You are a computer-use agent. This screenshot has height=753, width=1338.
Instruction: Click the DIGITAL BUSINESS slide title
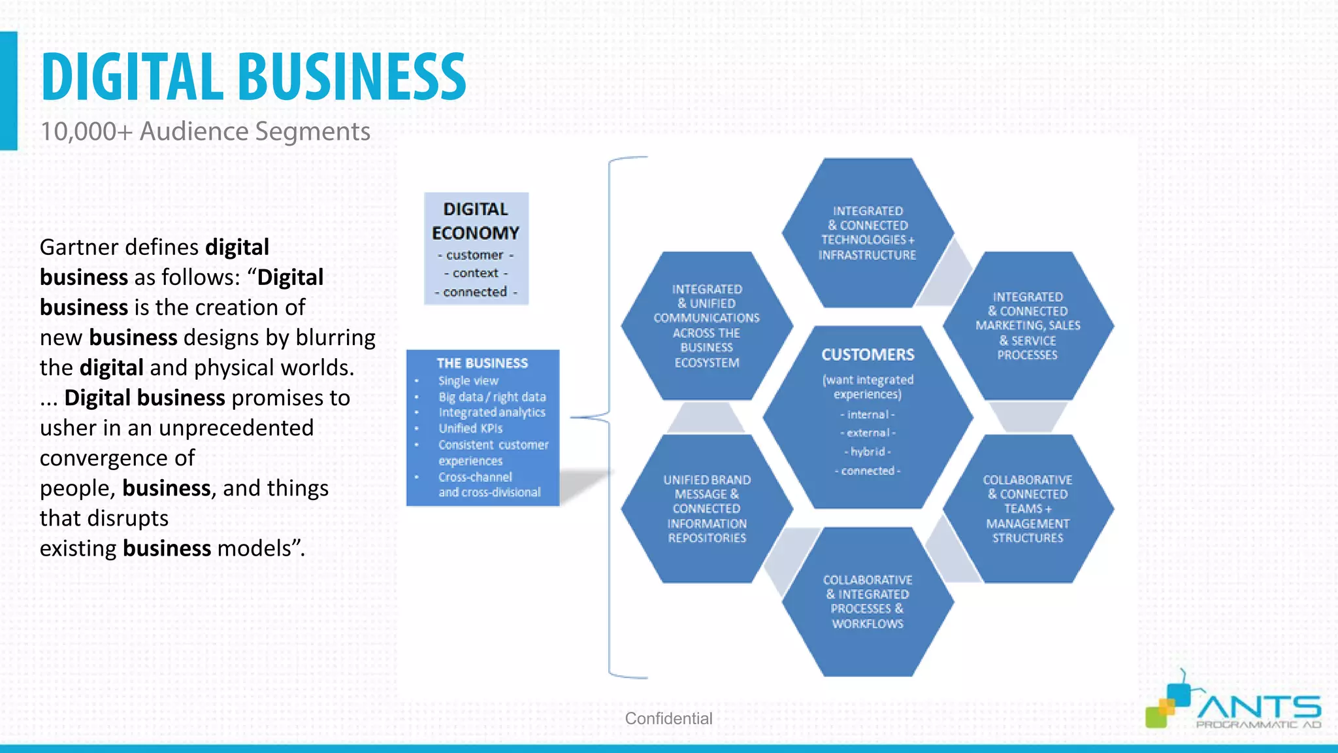(253, 77)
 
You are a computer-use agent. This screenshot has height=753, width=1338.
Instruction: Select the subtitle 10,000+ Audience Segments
(205, 131)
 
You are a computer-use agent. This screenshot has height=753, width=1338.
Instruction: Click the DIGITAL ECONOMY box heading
(476, 221)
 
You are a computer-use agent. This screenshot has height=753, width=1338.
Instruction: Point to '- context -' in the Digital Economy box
(476, 273)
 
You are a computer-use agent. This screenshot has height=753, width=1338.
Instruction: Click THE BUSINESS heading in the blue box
(482, 363)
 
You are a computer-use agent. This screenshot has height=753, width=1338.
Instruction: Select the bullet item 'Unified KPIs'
(470, 429)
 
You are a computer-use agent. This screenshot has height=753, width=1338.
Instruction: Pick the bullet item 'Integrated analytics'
(491, 412)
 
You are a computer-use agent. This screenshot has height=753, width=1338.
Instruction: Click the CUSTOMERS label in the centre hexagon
(868, 355)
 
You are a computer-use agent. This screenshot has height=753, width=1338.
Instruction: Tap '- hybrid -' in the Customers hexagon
(868, 452)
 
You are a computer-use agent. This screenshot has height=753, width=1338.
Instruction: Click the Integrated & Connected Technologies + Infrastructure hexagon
(868, 233)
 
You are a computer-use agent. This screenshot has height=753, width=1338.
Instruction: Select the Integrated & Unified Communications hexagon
(706, 326)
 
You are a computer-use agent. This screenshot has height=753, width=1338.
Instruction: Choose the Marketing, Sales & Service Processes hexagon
(1028, 326)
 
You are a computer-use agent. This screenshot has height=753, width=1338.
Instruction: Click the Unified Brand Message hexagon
(706, 509)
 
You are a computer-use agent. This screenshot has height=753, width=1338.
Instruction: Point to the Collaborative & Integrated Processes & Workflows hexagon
(868, 601)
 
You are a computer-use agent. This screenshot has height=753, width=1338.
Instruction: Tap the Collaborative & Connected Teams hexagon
(1028, 509)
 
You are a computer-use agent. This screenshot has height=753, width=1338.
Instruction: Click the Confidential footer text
(668, 718)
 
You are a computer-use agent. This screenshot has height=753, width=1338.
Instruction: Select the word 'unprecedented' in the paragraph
(236, 427)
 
